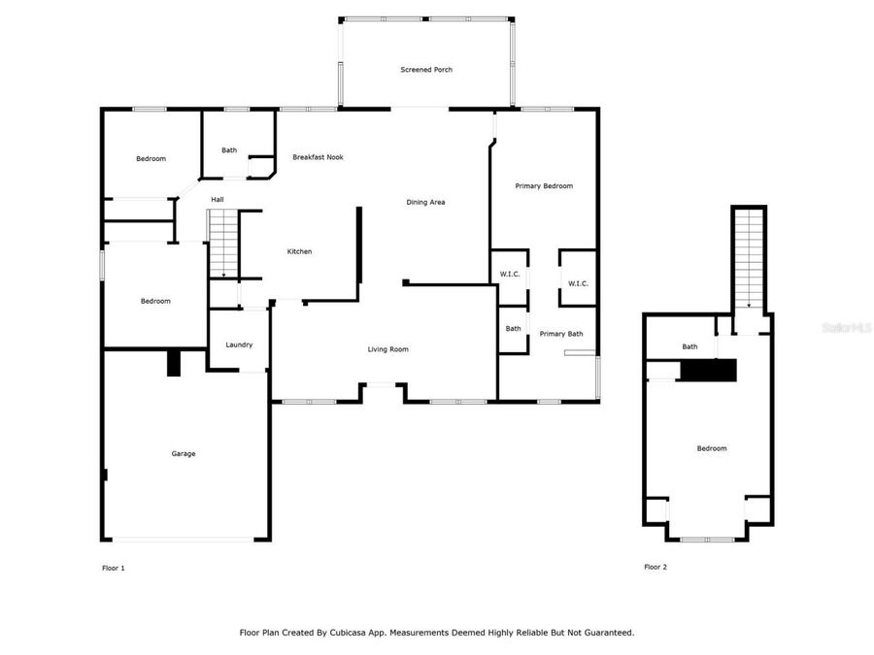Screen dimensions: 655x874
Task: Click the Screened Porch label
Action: click(x=426, y=70)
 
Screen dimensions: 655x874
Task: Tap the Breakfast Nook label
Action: click(x=318, y=157)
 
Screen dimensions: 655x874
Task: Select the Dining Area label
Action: click(x=425, y=202)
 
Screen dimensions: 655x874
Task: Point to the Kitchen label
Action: click(x=299, y=252)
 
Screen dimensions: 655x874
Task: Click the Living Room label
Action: click(x=387, y=349)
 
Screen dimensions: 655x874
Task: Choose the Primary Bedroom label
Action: click(x=544, y=186)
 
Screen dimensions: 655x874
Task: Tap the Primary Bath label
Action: click(x=561, y=334)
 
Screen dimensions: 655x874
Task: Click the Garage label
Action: click(x=184, y=453)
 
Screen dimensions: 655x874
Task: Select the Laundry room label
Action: click(x=239, y=345)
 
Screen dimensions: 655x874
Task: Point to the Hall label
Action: click(x=218, y=200)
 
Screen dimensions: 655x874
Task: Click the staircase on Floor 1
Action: click(x=223, y=244)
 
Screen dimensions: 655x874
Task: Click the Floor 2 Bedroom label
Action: click(x=711, y=448)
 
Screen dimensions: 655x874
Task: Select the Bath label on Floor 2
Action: click(x=689, y=346)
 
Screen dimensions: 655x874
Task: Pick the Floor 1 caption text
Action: click(x=114, y=568)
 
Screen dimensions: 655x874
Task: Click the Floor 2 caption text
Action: click(x=655, y=568)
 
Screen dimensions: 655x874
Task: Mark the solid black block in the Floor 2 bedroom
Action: click(x=709, y=370)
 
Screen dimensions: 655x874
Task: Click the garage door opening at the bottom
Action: click(x=184, y=540)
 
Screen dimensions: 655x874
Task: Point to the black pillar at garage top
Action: click(x=174, y=363)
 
